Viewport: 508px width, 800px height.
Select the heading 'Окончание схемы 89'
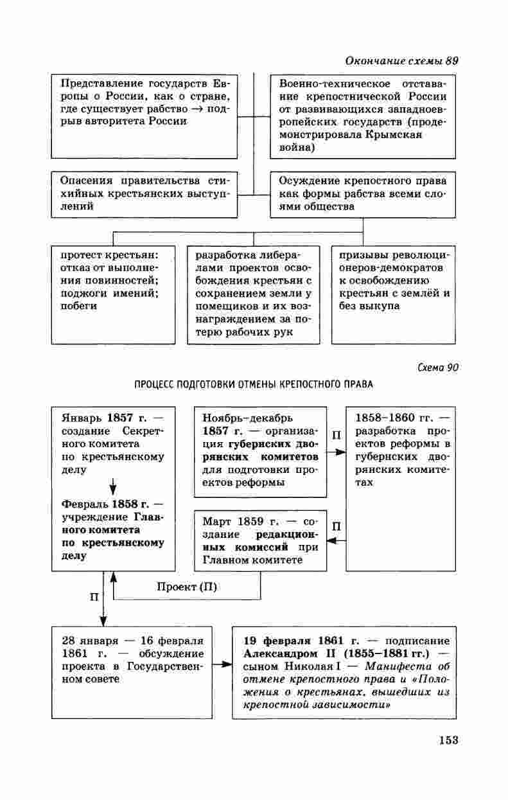click(401, 62)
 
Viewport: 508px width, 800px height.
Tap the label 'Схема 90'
click(438, 368)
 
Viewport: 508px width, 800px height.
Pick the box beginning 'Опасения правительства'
click(144, 193)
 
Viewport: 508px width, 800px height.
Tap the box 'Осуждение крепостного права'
click(363, 193)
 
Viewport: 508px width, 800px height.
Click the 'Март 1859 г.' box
click(259, 540)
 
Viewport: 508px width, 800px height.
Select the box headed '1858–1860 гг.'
click(401, 488)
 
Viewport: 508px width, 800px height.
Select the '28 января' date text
click(90, 641)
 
